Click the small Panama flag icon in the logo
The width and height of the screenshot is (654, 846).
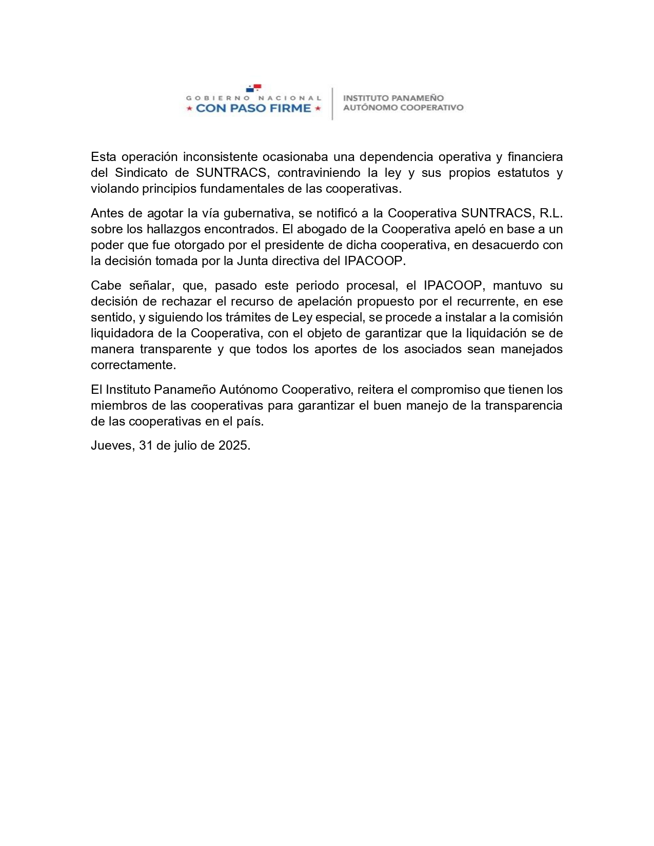click(254, 88)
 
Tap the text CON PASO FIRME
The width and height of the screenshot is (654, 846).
click(253, 108)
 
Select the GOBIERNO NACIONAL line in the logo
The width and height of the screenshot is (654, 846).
click(253, 97)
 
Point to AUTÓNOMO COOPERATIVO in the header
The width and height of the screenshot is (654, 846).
click(403, 108)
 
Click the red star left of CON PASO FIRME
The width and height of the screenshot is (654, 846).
click(189, 109)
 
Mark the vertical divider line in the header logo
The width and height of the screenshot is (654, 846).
click(332, 104)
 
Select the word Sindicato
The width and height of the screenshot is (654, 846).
click(141, 172)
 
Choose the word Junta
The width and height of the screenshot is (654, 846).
click(252, 260)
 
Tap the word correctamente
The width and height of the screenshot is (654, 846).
click(133, 365)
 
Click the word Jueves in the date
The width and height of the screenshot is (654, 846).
click(112, 446)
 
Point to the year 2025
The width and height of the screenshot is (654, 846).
click(234, 446)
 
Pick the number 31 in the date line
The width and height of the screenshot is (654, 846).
click(146, 446)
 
